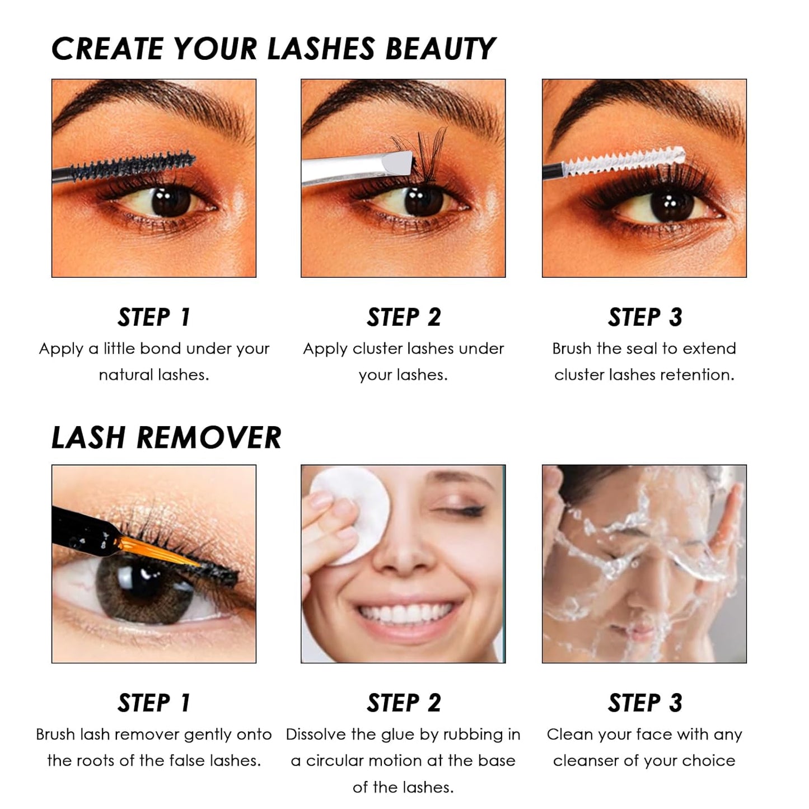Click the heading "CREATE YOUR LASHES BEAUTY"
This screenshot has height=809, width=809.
point(273,49)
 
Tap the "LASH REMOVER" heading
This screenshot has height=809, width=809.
point(166,438)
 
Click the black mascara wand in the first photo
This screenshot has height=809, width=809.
point(134,166)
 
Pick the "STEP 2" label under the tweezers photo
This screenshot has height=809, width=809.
point(404,317)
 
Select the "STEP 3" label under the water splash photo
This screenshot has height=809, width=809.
point(644,703)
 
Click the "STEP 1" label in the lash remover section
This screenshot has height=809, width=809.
point(154,703)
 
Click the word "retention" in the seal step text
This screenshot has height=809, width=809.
point(702,375)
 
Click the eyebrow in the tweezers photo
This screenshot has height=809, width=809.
point(392,98)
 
